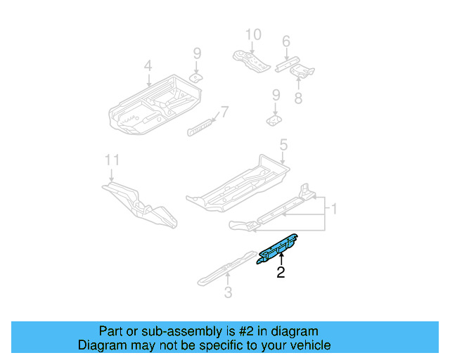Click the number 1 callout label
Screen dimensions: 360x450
[x=335, y=210]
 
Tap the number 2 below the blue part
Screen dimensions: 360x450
[x=281, y=273]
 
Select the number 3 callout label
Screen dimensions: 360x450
[x=228, y=292]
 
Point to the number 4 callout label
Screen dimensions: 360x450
[x=148, y=66]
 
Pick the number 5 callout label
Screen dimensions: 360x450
[x=283, y=146]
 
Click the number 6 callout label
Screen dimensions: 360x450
[x=285, y=42]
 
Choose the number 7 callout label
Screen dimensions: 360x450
[x=224, y=112]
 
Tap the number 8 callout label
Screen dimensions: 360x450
[x=298, y=98]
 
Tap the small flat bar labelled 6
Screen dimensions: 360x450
[x=288, y=62]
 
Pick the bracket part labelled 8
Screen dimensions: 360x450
[x=304, y=71]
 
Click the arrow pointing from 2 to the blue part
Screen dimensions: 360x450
[x=281, y=259]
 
